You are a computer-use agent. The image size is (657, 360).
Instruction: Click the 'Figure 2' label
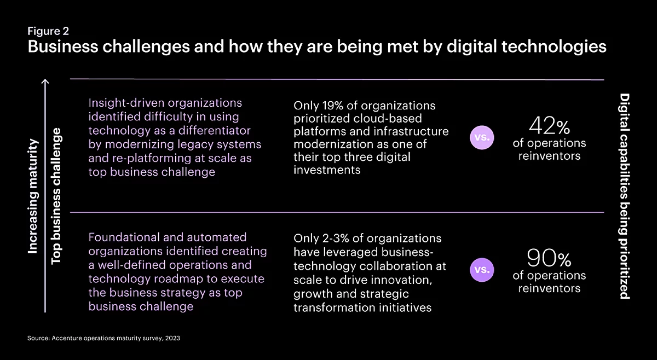point(48,31)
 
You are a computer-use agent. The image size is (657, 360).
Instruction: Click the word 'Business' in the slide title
point(63,47)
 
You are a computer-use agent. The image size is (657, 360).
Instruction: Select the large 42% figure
point(549,126)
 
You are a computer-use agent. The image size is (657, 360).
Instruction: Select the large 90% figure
point(549,258)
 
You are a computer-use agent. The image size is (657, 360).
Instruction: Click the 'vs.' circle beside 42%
point(482,137)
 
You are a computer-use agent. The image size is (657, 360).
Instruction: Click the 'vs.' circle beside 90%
point(482,270)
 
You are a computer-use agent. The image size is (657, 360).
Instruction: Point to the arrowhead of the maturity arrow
point(45,80)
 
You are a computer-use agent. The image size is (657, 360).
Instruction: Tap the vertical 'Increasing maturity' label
point(33,196)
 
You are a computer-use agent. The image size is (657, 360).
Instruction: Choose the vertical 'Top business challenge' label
point(56,196)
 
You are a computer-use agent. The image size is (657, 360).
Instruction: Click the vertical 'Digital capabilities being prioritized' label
point(625,196)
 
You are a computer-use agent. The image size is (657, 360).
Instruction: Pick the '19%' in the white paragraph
point(333,106)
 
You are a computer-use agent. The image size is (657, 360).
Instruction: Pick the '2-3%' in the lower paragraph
point(336,239)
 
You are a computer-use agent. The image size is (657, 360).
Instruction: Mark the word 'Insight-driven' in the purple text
point(126,103)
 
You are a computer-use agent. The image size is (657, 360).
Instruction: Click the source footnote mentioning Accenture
point(103,338)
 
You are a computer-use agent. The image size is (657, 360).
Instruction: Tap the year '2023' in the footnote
point(172,338)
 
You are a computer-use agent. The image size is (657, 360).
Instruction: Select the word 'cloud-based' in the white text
point(388,118)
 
